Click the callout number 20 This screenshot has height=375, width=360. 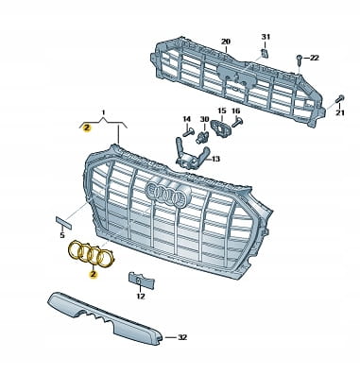click(x=226, y=42)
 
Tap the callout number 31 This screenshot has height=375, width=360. click(x=266, y=37)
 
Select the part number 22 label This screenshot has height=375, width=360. click(x=314, y=58)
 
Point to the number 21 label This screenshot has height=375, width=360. click(x=340, y=112)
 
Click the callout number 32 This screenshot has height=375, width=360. click(x=182, y=337)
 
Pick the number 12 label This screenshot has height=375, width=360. click(x=141, y=296)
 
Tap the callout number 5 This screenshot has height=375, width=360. click(x=62, y=235)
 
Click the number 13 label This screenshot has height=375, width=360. click(x=215, y=159)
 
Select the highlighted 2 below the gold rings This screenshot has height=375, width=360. click(x=93, y=275)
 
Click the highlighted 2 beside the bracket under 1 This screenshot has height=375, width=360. click(x=86, y=128)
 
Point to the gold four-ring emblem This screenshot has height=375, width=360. click(x=92, y=254)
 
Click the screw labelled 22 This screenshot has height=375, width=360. click(x=300, y=60)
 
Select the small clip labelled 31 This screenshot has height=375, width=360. click(x=265, y=53)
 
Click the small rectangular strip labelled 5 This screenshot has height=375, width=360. click(x=63, y=222)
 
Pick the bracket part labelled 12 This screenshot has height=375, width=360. click(x=142, y=280)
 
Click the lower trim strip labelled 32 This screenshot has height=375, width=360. click(x=106, y=317)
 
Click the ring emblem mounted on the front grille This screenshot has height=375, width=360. click(x=168, y=195)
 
